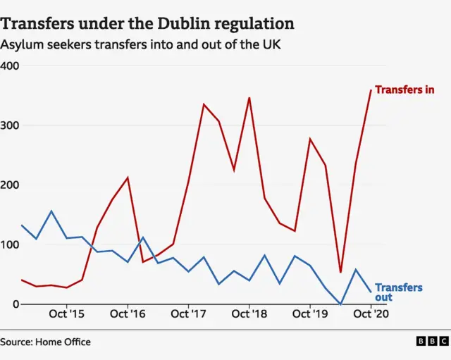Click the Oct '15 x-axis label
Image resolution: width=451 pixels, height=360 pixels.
click(x=67, y=315)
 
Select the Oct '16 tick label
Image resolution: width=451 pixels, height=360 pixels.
click(x=128, y=315)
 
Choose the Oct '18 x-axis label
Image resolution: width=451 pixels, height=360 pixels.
click(x=249, y=315)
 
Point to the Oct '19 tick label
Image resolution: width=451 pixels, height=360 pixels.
click(x=310, y=315)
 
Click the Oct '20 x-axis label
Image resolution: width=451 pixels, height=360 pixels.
click(x=371, y=315)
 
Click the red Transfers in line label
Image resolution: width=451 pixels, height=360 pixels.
click(x=404, y=90)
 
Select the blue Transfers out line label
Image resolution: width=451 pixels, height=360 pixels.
click(x=398, y=292)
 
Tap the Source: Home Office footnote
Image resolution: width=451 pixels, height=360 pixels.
click(x=46, y=342)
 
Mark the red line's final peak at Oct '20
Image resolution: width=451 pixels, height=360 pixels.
click(x=371, y=89)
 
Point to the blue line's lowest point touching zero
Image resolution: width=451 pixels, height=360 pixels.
click(x=341, y=304)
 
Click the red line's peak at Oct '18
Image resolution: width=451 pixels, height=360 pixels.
click(x=249, y=98)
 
